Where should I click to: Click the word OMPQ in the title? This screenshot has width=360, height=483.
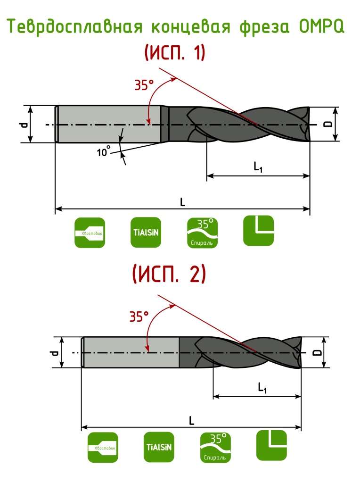pos(322,27)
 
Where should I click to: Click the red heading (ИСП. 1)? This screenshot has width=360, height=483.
pos(175,53)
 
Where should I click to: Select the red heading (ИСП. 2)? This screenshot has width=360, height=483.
pos(169,275)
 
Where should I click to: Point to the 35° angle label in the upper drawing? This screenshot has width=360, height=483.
pos(144,85)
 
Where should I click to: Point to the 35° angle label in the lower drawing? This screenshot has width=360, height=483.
pos(139,316)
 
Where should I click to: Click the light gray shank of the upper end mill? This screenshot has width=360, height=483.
pos(108,124)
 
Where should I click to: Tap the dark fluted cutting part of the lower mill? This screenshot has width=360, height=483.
pos(245,353)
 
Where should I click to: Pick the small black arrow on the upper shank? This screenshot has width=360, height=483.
pos(122,135)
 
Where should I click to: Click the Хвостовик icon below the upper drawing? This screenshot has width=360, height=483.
pos(90,233)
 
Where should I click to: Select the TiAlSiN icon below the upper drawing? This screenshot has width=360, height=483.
pos(146,233)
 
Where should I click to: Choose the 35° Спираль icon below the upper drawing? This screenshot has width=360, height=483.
pos(203,233)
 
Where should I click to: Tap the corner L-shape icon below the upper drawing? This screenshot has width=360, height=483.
pos(259,231)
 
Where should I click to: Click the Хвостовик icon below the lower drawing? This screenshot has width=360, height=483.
pos(103,447)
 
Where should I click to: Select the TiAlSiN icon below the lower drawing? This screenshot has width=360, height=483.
pos(159,447)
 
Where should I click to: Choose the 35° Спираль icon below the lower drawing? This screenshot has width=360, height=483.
pos(215,447)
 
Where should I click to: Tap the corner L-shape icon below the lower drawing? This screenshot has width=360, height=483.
pos(271,445)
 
